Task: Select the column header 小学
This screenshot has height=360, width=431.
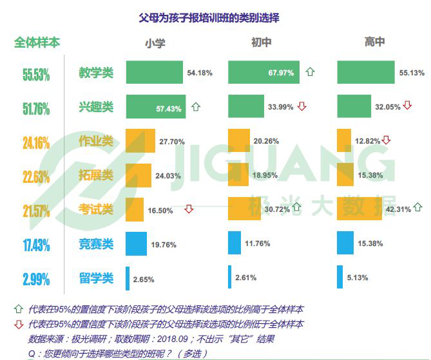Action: tap(155, 43)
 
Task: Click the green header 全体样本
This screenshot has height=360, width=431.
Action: tap(37, 43)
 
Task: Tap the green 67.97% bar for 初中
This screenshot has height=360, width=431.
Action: tap(263, 73)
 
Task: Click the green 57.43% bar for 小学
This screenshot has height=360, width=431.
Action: tap(156, 107)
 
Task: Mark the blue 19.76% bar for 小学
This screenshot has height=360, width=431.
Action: tap(136, 243)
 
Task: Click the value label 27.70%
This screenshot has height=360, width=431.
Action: tap(172, 141)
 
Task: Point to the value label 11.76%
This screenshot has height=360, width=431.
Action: tap(258, 243)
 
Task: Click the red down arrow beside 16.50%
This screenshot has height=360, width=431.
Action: tap(189, 209)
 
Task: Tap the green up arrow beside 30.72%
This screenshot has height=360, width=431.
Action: tap(297, 207)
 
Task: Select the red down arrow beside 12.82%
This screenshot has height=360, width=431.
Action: tap(386, 140)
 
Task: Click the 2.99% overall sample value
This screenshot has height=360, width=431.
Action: tap(36, 279)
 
